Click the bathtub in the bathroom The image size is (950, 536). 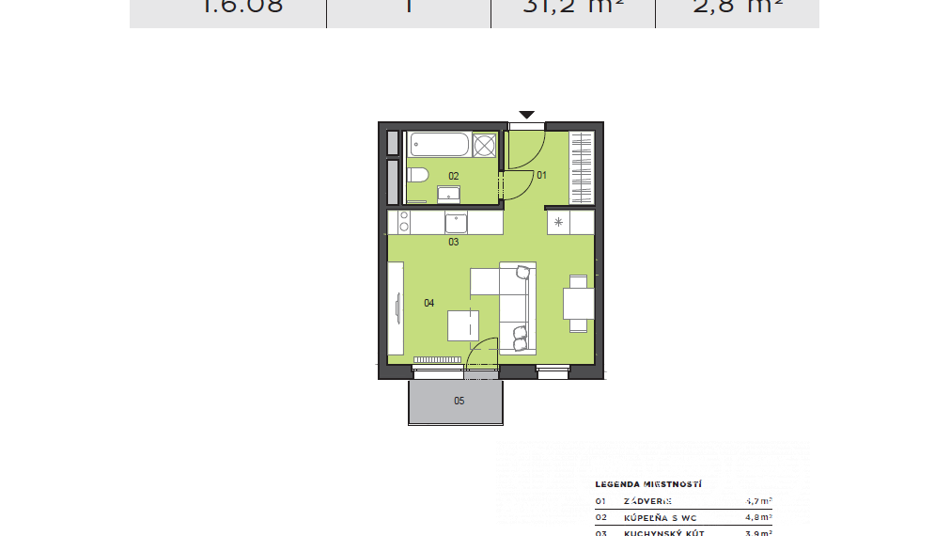(x=439, y=146)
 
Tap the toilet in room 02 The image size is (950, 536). (x=418, y=175)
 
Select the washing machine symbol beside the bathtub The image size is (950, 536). (x=484, y=146)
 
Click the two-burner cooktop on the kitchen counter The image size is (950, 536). (x=404, y=223)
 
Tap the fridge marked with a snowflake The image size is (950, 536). (x=558, y=223)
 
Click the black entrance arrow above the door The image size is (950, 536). (x=527, y=115)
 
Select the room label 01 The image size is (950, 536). (x=541, y=175)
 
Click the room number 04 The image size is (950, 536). (x=428, y=303)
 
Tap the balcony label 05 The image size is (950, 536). (x=459, y=402)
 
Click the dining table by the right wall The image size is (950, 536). (x=578, y=304)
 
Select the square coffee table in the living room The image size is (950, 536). (x=462, y=325)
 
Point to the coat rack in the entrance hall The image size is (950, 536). (x=582, y=168)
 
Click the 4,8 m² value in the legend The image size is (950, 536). (x=758, y=517)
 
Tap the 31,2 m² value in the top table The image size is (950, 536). (x=572, y=7)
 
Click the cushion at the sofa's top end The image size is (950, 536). (x=523, y=272)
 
